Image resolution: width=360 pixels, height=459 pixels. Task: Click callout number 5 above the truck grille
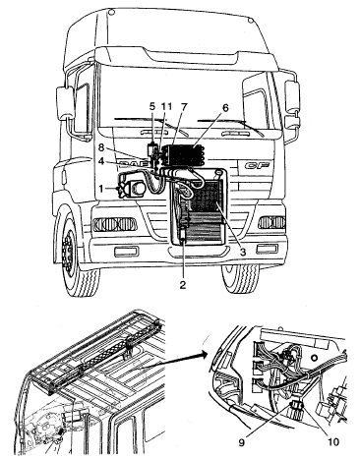pyautogui.click(x=151, y=106)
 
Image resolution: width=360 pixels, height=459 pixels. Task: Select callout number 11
pyautogui.click(x=166, y=106)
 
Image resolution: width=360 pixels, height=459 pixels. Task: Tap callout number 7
pyautogui.click(x=184, y=106)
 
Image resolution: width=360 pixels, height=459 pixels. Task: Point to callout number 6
pyautogui.click(x=225, y=107)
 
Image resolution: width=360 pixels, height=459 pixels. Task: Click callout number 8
pyautogui.click(x=101, y=147)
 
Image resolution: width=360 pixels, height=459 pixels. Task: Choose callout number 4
pyautogui.click(x=102, y=162)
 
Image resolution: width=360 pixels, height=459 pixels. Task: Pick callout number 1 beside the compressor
pyautogui.click(x=101, y=189)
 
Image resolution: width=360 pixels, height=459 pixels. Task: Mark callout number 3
pyautogui.click(x=243, y=252)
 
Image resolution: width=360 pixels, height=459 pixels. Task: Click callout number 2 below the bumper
pyautogui.click(x=183, y=285)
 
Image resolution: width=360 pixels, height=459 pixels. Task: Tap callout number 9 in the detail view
pyautogui.click(x=242, y=443)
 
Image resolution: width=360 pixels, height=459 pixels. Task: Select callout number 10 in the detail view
pyautogui.click(x=333, y=442)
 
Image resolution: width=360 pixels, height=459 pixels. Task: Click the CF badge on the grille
pyautogui.click(x=258, y=165)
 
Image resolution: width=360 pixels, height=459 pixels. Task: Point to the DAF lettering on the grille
pyautogui.click(x=131, y=164)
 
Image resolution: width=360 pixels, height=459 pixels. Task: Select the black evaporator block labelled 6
pyautogui.click(x=185, y=155)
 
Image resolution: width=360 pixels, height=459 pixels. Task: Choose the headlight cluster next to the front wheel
pyautogui.click(x=115, y=224)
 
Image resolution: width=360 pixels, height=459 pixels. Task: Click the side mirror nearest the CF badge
pyautogui.click(x=292, y=95)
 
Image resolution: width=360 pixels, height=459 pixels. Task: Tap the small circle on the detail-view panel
pyautogui.click(x=315, y=357)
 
